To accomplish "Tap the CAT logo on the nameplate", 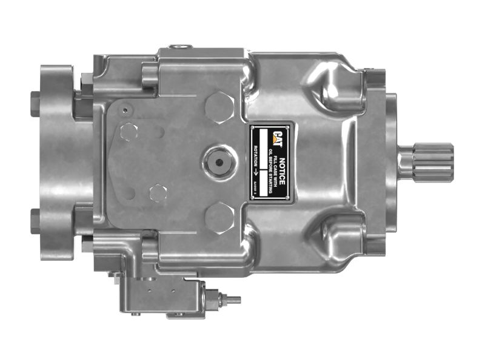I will coord(276,139).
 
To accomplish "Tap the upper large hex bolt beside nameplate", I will coord(219,108).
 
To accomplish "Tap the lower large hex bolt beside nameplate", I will coord(219,217).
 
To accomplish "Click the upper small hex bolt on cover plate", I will coord(129,131).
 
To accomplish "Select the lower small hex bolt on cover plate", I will coord(158,194).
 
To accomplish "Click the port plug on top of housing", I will coord(178,46).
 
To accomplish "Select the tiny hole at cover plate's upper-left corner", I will coord(124,110).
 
